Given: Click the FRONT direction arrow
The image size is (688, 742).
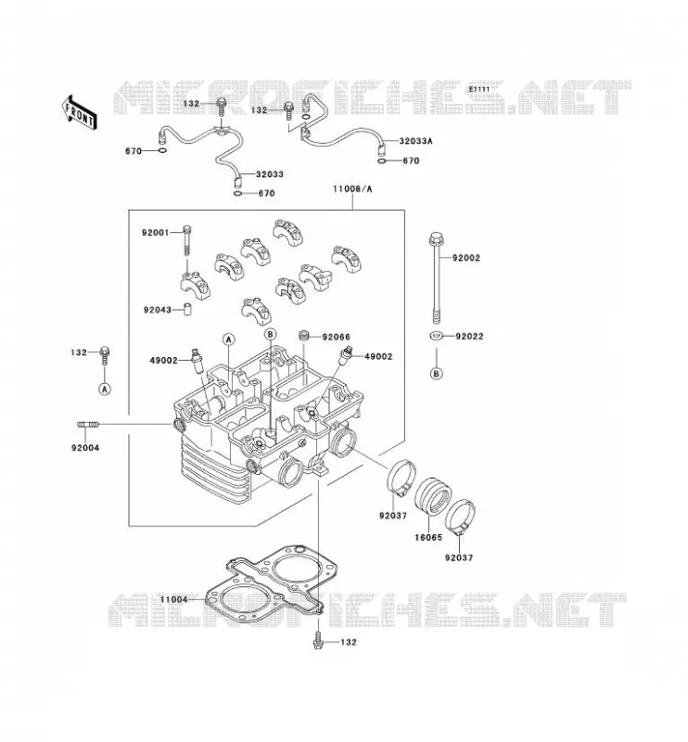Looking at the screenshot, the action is (x=80, y=112).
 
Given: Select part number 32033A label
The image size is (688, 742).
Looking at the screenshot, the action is (x=416, y=141).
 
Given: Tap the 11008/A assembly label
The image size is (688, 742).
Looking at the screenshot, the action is (x=352, y=189).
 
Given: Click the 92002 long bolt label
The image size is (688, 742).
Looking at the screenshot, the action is (x=466, y=258).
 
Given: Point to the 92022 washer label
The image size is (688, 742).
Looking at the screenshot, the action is (x=469, y=337).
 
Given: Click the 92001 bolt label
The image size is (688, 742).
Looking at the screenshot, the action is (x=155, y=233).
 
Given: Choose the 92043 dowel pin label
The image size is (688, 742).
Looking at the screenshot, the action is (x=158, y=310).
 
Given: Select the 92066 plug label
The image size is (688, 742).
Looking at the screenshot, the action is (x=336, y=337).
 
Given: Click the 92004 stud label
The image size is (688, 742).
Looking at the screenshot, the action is (x=85, y=448).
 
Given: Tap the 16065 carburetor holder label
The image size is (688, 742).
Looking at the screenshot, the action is (x=428, y=538).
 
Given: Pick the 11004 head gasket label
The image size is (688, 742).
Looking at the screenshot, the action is (x=173, y=599).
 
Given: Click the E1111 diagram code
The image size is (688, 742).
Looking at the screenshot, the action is (x=478, y=89).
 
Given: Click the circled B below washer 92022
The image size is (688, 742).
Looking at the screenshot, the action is (x=437, y=374).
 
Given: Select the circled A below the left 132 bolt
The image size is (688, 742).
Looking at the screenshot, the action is (x=105, y=389).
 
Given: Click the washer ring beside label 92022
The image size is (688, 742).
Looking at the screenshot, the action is (x=437, y=336).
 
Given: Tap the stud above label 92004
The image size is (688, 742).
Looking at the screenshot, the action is (x=88, y=425).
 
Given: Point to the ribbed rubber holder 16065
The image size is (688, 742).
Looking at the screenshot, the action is (x=432, y=499).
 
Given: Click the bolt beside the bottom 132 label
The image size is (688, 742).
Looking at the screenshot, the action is (x=317, y=640).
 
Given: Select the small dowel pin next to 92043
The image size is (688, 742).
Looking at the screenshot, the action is (x=188, y=310).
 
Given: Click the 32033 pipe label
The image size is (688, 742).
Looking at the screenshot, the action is (x=270, y=174).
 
